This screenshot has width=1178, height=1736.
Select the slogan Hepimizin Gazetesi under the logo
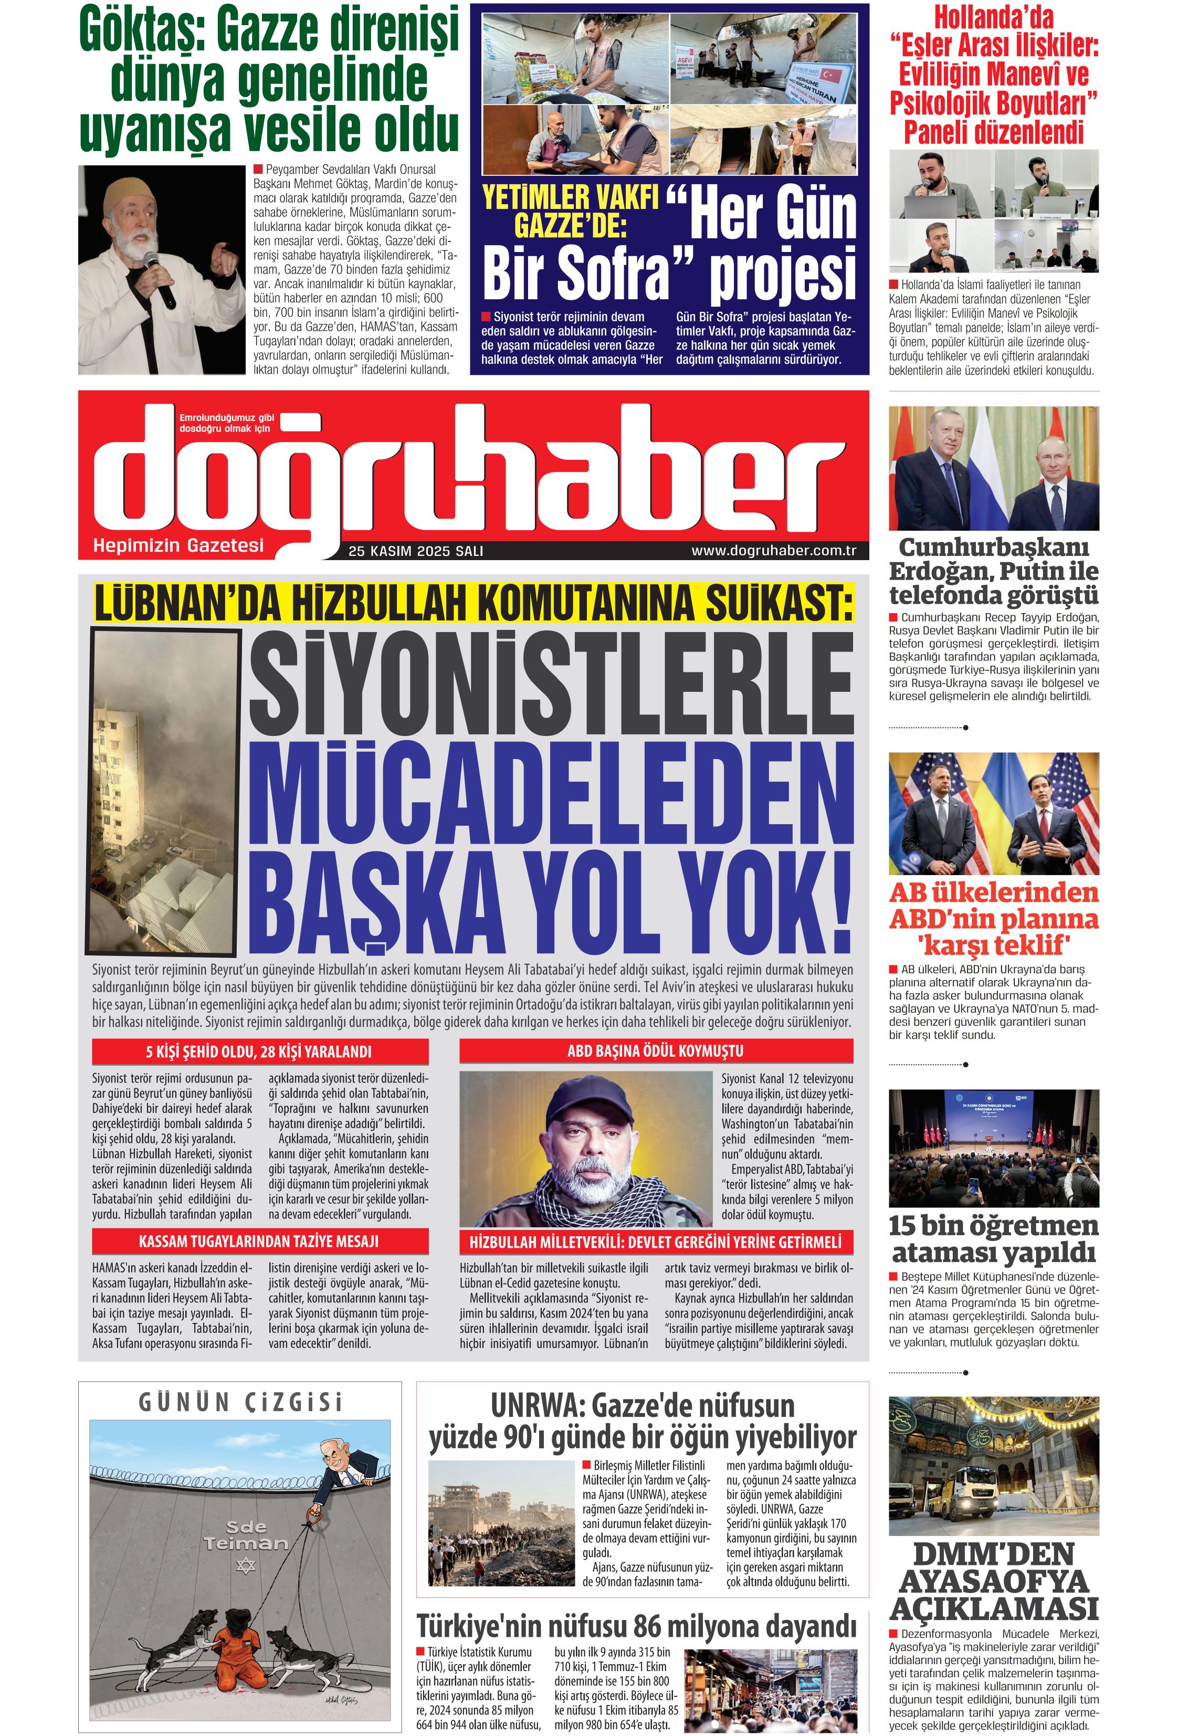178,545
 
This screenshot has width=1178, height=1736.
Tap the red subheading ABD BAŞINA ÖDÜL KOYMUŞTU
655,1051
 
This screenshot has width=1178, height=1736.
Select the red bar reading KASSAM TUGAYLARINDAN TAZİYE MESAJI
259,1241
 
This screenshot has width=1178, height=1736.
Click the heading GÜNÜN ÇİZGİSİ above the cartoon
240,1402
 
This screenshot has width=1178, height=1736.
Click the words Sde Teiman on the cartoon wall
245,1534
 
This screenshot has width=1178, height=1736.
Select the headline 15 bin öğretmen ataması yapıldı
994,1238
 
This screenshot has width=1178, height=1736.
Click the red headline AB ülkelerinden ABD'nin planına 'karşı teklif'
994,918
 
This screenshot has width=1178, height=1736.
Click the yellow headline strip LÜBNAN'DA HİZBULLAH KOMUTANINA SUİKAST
473,604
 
